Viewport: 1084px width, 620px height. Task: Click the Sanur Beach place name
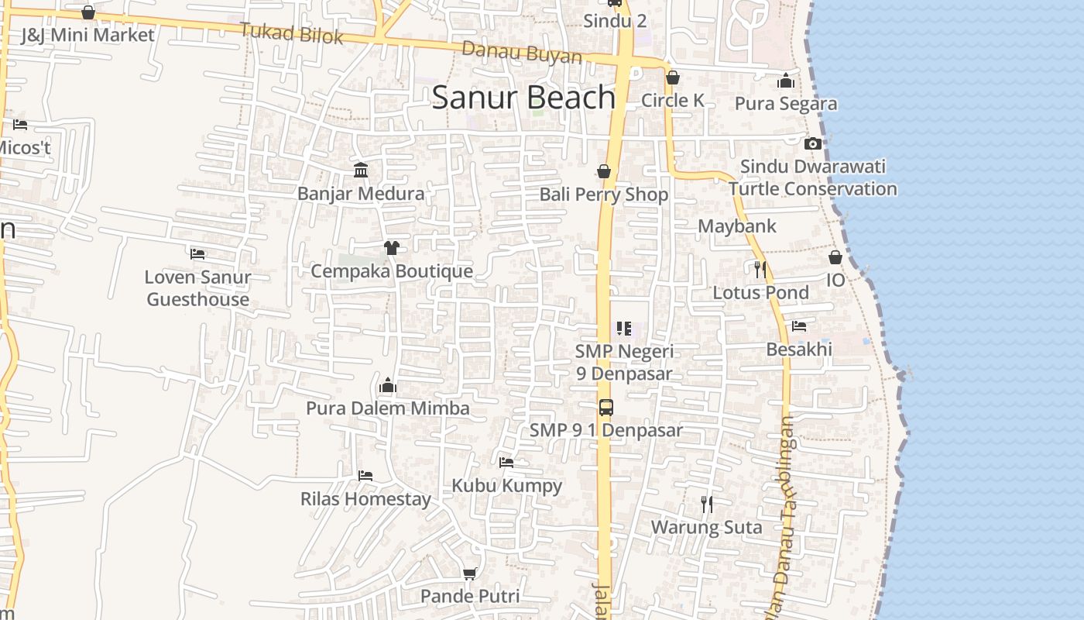(523, 98)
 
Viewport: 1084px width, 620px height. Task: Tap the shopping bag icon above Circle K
(673, 77)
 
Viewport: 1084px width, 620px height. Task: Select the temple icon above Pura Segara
(786, 81)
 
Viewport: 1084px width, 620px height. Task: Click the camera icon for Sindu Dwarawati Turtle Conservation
(812, 143)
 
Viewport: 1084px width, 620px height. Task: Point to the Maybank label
(737, 226)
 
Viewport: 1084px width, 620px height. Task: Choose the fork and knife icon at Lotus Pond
(760, 269)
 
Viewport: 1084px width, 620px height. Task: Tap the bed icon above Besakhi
(799, 326)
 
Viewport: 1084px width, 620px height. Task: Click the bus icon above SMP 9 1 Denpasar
(605, 407)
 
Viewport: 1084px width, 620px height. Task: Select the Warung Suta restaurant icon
(706, 505)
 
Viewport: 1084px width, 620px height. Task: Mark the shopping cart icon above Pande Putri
(469, 573)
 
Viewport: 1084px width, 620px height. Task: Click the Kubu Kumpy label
(507, 486)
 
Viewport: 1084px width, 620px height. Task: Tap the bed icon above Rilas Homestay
(365, 475)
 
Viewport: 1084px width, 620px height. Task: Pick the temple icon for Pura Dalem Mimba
(388, 385)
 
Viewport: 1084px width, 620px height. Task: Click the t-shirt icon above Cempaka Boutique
(392, 248)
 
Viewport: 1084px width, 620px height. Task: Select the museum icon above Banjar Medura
(361, 170)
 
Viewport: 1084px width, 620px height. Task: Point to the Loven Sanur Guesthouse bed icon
(197, 253)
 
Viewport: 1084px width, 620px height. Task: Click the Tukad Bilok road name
(291, 33)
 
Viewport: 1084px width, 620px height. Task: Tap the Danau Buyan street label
(522, 53)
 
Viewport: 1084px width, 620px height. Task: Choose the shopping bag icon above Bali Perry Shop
(604, 171)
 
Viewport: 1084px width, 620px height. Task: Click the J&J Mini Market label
(87, 35)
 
